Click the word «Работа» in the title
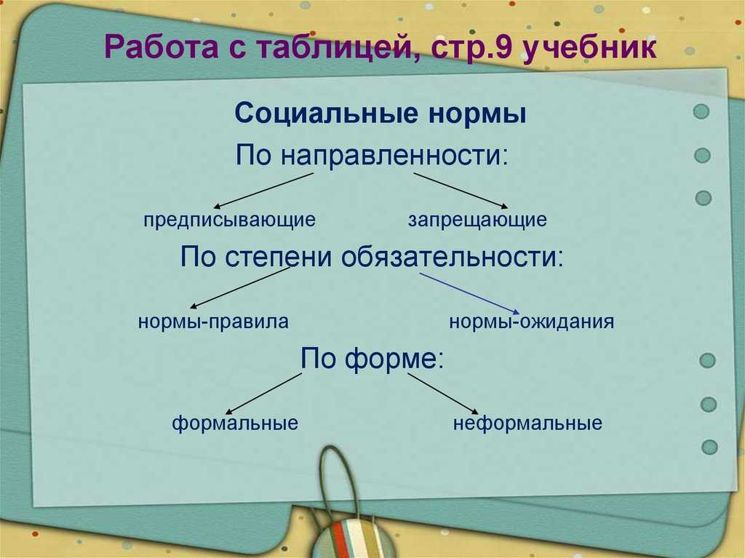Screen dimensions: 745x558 pos(162,47)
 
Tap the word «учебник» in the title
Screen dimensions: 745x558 pos(589,47)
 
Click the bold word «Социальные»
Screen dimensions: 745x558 pos(327,114)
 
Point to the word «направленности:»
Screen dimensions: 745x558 pos(394,156)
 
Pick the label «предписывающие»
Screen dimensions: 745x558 pos(229,220)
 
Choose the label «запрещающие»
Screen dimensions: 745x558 pos(477,220)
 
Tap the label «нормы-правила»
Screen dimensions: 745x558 pos(213,322)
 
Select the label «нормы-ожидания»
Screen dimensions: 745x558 pos(532,322)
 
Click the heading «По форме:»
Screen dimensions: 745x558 pos(372,359)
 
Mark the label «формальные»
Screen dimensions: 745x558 pos(235,423)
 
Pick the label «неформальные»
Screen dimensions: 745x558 pos(528,423)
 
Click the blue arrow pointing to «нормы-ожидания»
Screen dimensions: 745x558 pos(470,293)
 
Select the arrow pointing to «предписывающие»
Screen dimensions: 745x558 pos(263,191)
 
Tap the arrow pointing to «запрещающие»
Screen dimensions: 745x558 pos(461,191)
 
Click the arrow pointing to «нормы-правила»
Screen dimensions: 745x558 pos(239,288)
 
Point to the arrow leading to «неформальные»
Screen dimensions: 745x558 pos(443,394)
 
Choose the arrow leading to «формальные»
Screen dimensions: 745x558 pos(263,394)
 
